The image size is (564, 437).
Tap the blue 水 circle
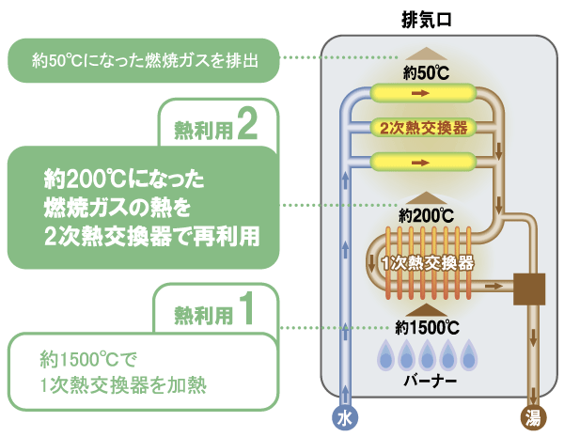(x=346, y=416)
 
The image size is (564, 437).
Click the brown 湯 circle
(x=533, y=416)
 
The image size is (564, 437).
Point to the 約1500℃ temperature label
(x=428, y=328)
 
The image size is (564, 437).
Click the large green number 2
(x=247, y=124)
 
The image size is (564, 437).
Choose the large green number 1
(x=246, y=309)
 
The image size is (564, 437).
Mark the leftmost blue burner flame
(x=384, y=355)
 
